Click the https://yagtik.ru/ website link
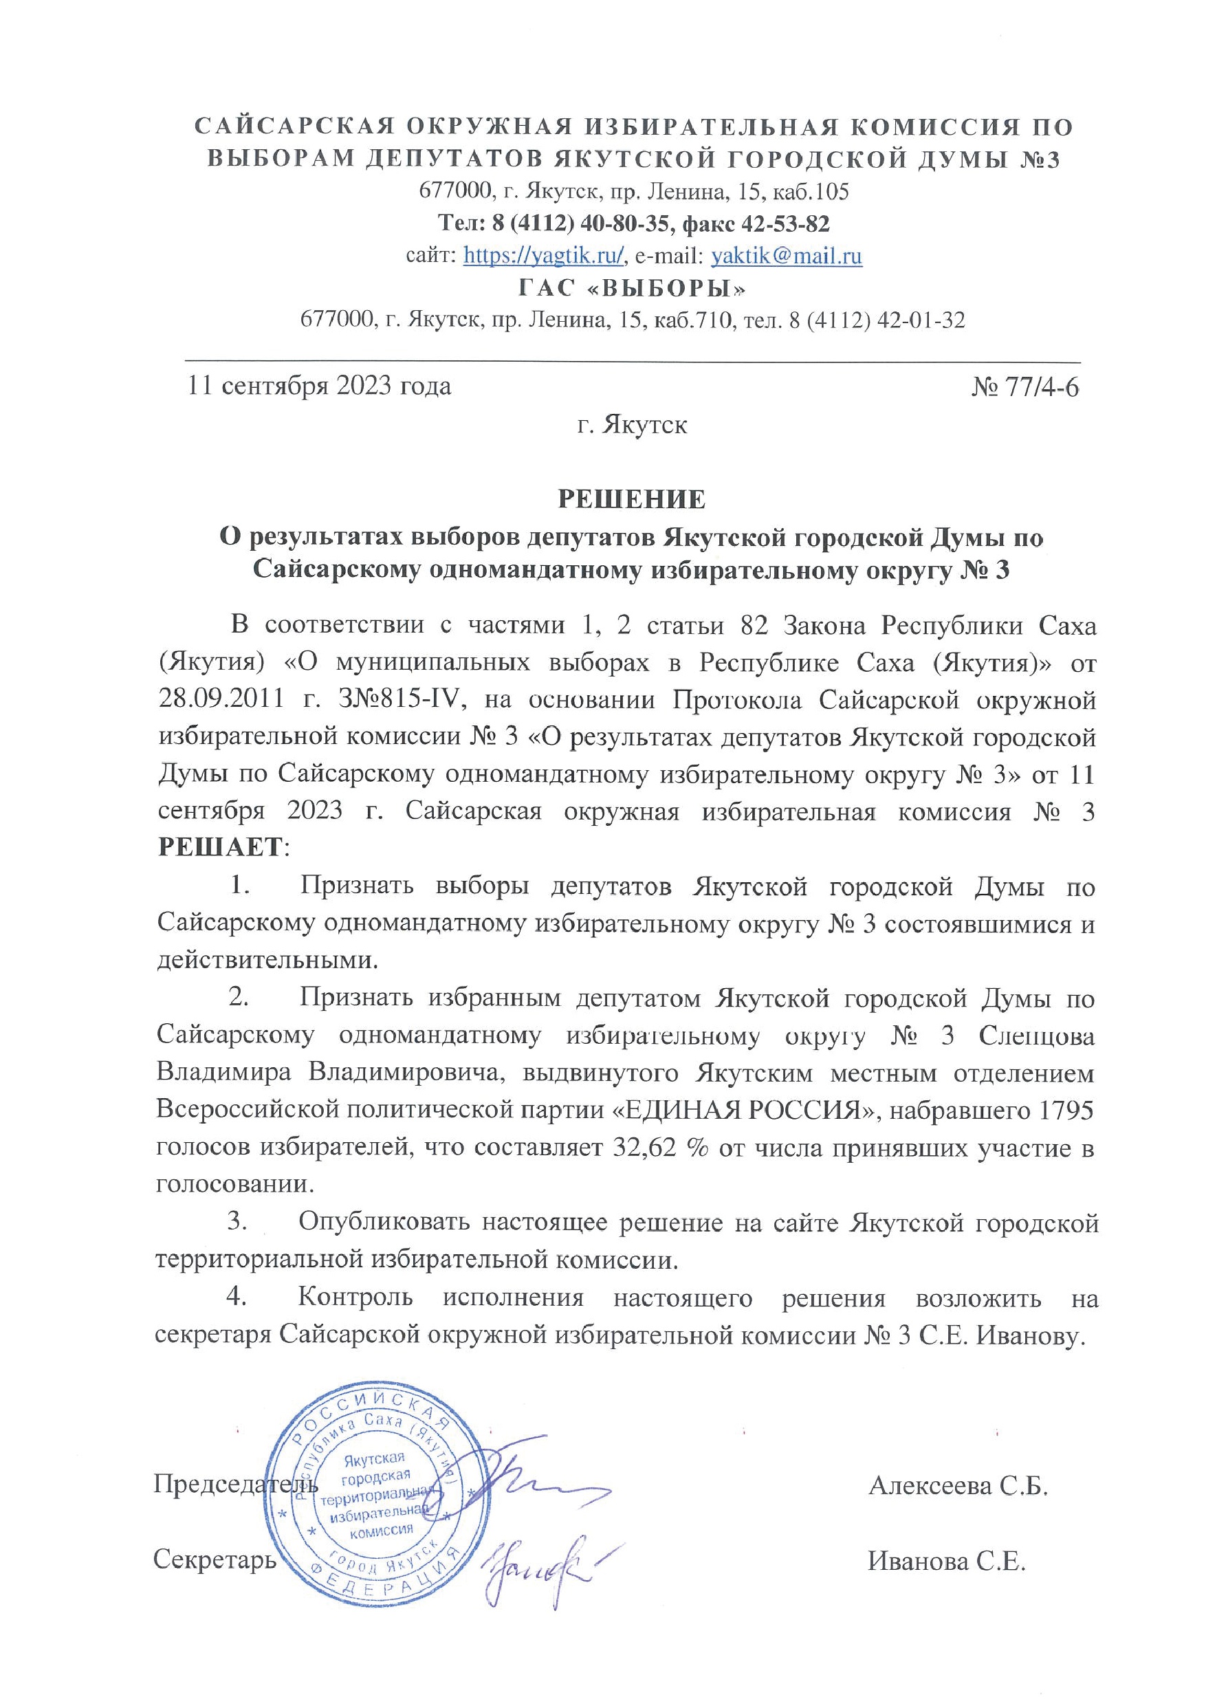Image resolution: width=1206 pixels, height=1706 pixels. pyautogui.click(x=542, y=256)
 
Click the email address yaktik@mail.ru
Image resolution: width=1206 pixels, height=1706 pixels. pyautogui.click(x=786, y=256)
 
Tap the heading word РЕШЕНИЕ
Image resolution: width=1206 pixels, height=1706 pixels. pyautogui.click(x=632, y=499)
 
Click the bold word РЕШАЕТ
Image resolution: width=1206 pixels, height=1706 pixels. pyautogui.click(x=221, y=847)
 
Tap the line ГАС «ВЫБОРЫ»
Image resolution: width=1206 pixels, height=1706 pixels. pyautogui.click(x=632, y=288)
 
